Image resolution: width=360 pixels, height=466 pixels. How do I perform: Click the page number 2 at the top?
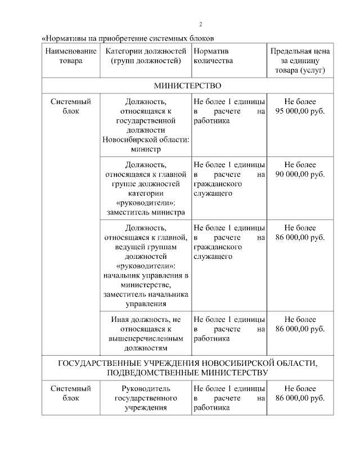(x=201, y=24)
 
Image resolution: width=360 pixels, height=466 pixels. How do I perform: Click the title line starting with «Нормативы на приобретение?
(x=129, y=38)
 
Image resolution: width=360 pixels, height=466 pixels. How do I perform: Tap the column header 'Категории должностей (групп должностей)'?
(x=146, y=56)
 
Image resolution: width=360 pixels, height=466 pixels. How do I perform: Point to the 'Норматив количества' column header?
(x=213, y=56)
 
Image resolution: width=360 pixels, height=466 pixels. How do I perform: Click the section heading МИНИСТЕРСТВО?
(x=188, y=86)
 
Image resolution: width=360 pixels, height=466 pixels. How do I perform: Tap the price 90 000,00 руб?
(x=300, y=175)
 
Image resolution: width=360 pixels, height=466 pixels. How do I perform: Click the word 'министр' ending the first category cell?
(x=146, y=149)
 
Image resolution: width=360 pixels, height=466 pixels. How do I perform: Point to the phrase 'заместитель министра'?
(x=146, y=213)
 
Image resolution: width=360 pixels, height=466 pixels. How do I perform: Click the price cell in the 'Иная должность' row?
(x=300, y=324)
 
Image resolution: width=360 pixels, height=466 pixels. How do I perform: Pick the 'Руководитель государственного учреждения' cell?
(x=146, y=398)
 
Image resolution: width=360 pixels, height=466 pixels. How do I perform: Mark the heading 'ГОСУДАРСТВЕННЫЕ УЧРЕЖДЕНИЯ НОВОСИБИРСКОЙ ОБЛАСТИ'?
(x=188, y=363)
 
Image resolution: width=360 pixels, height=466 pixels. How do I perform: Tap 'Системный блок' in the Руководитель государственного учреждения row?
(x=70, y=393)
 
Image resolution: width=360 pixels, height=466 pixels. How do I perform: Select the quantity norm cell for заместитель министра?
(x=229, y=179)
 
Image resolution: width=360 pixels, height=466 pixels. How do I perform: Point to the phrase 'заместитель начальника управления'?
(x=146, y=300)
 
